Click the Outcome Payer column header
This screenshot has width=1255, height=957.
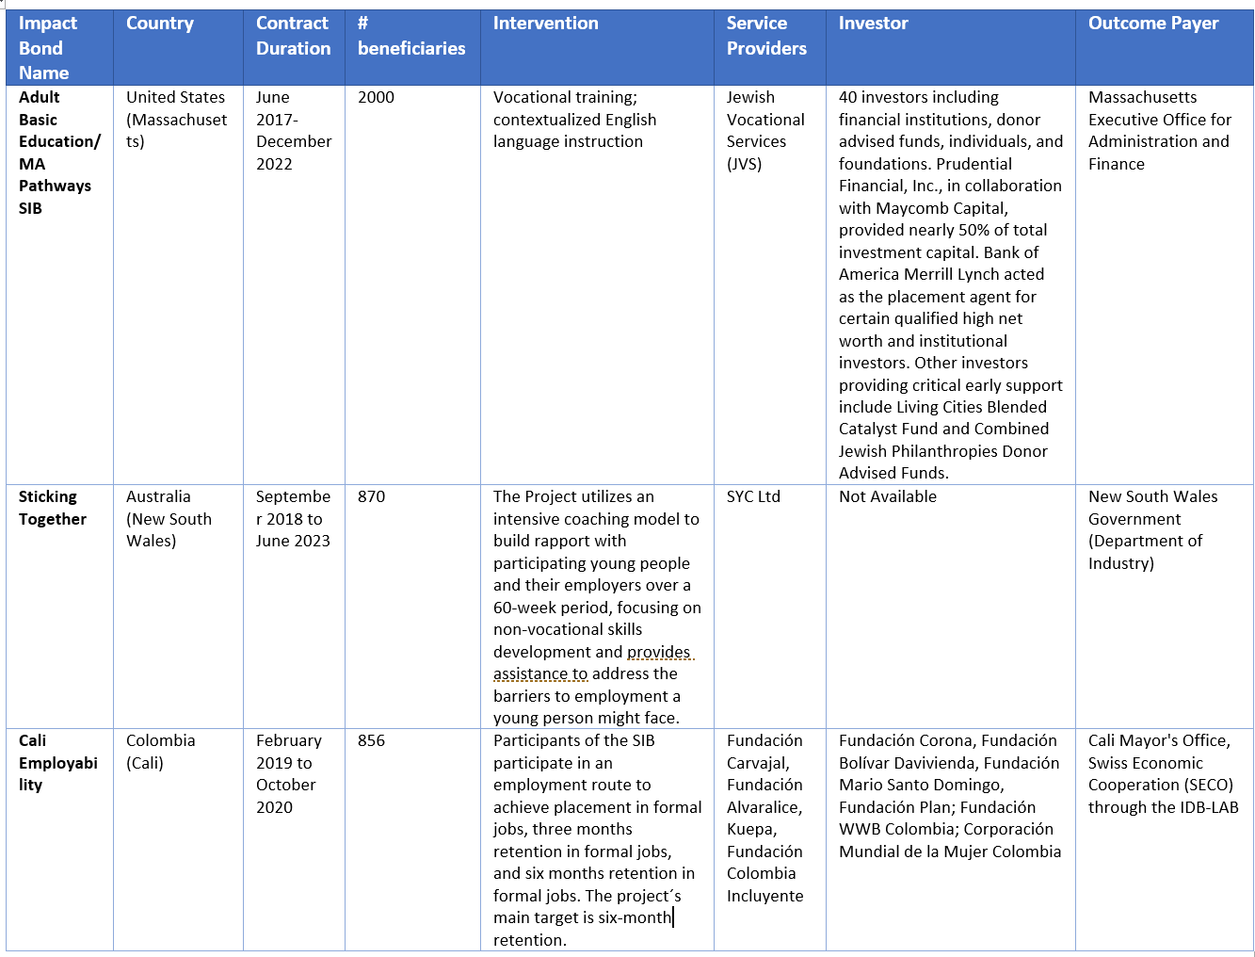[x=1152, y=24]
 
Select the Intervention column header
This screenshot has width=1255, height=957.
[x=545, y=24]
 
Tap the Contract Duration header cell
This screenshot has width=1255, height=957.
[x=293, y=36]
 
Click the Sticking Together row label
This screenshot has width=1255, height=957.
[x=52, y=508]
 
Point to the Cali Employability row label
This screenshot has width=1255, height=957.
[x=57, y=763]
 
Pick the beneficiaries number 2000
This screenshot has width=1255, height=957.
[x=376, y=97]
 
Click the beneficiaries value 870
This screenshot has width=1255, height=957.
[x=371, y=496]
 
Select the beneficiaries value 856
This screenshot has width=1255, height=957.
[x=371, y=740]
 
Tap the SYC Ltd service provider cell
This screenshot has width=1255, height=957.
[x=753, y=496]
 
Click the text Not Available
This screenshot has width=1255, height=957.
[x=887, y=496]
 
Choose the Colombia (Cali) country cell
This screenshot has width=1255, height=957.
[x=160, y=752]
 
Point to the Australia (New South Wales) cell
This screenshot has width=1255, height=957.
[x=169, y=519]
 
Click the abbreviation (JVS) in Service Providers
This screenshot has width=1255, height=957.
[x=744, y=164]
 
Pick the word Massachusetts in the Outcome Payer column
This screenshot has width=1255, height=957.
[x=1142, y=97]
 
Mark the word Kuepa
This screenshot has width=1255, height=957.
[x=750, y=829]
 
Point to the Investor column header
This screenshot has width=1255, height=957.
[x=873, y=24]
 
